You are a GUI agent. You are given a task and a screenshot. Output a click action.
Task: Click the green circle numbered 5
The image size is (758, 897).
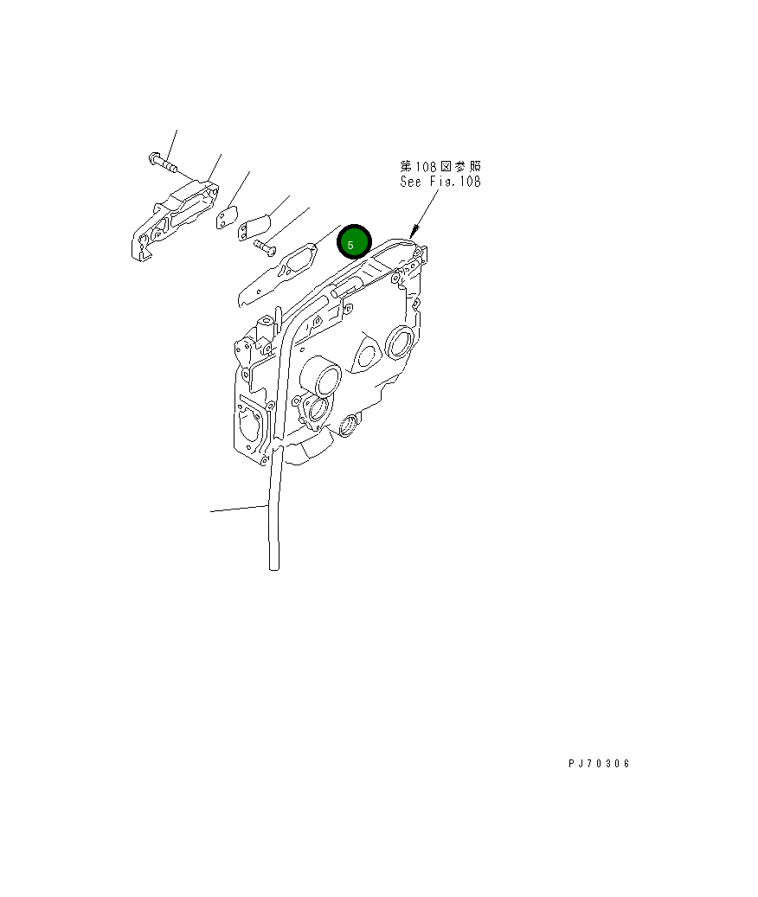(353, 243)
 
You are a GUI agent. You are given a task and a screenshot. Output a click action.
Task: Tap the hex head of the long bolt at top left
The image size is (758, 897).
(153, 159)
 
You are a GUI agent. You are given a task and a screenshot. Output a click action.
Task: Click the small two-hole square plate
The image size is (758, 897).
(227, 218)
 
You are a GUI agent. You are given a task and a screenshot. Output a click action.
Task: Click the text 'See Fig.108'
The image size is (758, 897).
(440, 182)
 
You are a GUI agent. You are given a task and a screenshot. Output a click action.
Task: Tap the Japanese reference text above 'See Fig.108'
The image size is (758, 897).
(440, 165)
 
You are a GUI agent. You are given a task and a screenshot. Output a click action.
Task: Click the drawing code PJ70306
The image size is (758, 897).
(599, 764)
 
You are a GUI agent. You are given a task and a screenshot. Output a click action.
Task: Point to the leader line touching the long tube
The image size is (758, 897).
(238, 509)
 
